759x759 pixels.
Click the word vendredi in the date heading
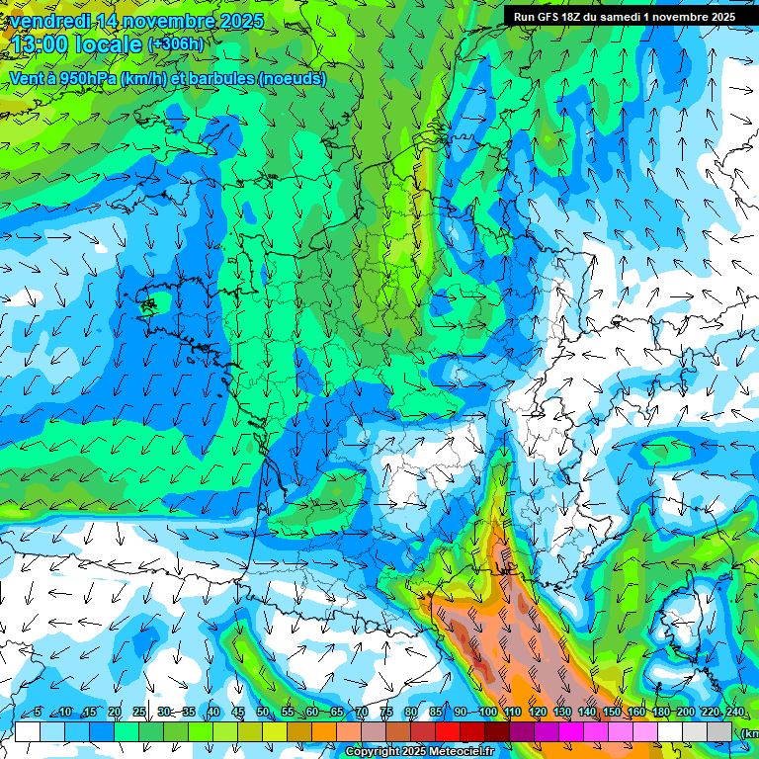click(x=49, y=21)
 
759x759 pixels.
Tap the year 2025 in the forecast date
click(x=238, y=21)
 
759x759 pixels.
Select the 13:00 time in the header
click(x=41, y=45)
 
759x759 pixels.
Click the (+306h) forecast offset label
click(x=177, y=44)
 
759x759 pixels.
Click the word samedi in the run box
click(x=623, y=17)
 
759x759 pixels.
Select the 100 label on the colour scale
click(x=487, y=713)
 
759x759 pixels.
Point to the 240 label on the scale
click(x=733, y=713)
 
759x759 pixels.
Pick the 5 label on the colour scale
click(x=37, y=713)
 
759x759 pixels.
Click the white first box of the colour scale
click(x=28, y=731)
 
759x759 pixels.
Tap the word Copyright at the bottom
click(x=373, y=752)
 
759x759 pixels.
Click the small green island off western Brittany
click(x=148, y=305)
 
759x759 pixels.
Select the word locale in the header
click(x=109, y=45)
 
